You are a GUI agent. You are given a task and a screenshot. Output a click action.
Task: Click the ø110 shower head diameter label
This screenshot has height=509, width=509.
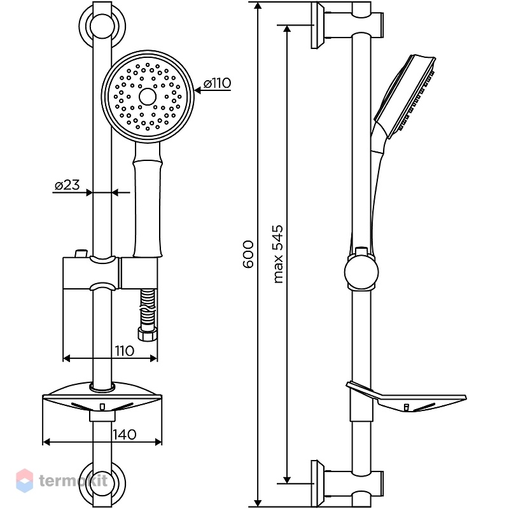(x=217, y=83)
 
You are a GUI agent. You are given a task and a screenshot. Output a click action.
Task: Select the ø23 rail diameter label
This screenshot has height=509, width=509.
(x=67, y=185)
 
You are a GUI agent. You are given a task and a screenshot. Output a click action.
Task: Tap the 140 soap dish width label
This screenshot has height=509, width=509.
(x=125, y=435)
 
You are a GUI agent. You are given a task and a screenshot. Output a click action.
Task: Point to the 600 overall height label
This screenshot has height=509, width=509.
(x=248, y=254)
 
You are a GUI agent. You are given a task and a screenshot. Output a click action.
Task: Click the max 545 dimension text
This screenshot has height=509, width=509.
(x=278, y=254)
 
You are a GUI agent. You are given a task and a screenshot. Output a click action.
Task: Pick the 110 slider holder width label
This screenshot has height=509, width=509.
(x=124, y=351)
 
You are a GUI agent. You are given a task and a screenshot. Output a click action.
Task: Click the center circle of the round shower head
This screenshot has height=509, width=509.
(x=148, y=97)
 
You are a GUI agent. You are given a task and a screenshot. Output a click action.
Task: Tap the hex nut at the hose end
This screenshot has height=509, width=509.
(x=148, y=335)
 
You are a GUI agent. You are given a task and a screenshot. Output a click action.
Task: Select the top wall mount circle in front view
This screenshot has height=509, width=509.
(x=102, y=26)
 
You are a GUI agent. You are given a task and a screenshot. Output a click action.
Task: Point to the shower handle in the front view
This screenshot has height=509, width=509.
(x=148, y=200)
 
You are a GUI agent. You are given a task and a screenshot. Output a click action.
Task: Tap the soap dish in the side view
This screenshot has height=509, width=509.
(x=406, y=398)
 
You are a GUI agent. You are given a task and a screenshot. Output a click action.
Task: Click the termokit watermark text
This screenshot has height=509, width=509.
(x=73, y=481)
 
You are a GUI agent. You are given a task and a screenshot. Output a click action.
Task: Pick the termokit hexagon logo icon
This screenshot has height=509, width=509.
(x=24, y=481)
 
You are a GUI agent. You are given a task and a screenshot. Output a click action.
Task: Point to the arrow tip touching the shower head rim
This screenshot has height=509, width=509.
(x=195, y=90)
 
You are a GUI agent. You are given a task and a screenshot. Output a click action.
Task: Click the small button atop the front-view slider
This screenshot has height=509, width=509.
(x=81, y=253)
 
